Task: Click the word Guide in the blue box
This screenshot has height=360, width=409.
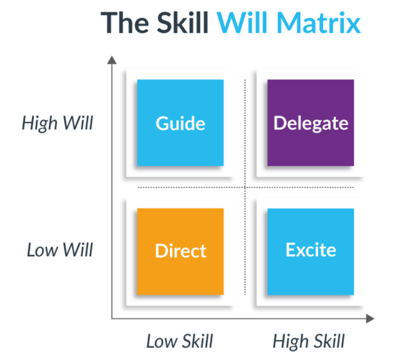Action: (x=180, y=124)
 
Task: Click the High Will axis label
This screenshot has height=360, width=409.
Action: (x=57, y=124)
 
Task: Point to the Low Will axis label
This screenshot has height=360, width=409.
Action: (x=60, y=249)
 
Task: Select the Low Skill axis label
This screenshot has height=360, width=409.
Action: (x=180, y=340)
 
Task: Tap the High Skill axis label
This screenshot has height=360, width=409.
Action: (x=309, y=340)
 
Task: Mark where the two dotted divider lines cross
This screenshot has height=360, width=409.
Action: (x=245, y=187)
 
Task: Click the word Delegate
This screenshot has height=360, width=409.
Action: (x=310, y=124)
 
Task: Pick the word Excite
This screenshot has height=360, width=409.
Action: (x=310, y=249)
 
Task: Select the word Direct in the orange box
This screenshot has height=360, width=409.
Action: (x=180, y=251)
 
